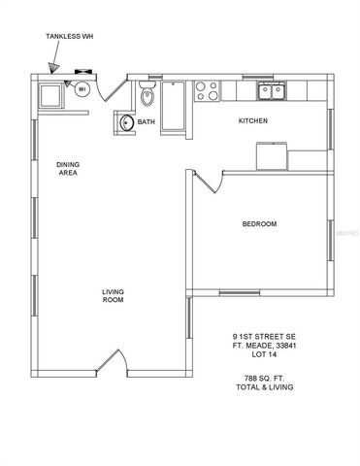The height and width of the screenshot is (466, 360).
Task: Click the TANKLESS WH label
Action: tap(70, 37)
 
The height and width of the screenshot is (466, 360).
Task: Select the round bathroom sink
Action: tap(127, 122)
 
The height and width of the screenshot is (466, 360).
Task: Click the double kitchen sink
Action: tap(271, 90)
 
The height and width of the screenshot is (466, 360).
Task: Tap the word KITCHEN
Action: tap(253, 121)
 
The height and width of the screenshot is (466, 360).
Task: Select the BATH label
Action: tap(146, 122)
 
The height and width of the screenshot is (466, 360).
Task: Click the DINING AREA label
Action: tap(67, 168)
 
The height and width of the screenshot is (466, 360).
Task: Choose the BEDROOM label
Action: tap(259, 224)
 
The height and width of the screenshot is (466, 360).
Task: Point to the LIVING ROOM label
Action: tap(114, 295)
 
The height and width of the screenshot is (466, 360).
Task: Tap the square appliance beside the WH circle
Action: tap(50, 95)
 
